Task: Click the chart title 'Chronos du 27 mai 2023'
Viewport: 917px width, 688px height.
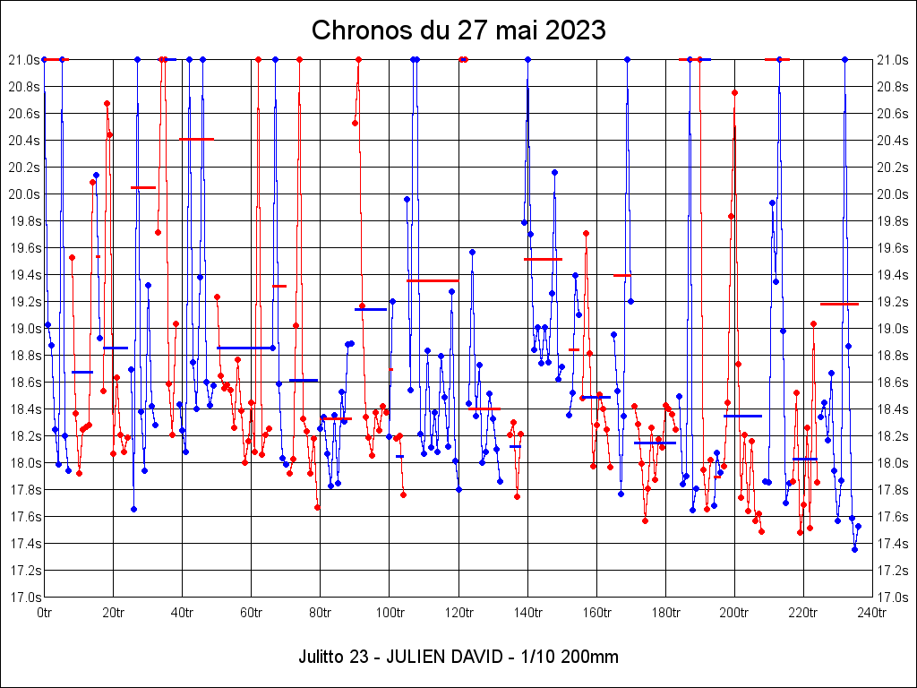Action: pyautogui.click(x=458, y=30)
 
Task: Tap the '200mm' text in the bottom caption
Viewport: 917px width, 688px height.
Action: pyautogui.click(x=587, y=657)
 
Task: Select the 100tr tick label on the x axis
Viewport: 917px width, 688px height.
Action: pyautogui.click(x=390, y=613)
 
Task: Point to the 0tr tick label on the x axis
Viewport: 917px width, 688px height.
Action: pyautogui.click(x=45, y=613)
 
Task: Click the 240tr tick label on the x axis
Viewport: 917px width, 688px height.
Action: pyautogui.click(x=872, y=613)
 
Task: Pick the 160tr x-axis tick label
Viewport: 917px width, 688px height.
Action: pyautogui.click(x=596, y=613)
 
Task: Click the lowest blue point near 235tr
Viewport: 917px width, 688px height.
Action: pyautogui.click(x=854, y=549)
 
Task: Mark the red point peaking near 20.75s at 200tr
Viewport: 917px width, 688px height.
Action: pyautogui.click(x=734, y=92)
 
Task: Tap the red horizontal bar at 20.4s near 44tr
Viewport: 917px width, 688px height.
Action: pyautogui.click(x=197, y=139)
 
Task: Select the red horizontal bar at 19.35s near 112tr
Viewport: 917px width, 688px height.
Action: pyautogui.click(x=433, y=280)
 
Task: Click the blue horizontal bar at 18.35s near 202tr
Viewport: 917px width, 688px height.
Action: pyautogui.click(x=742, y=416)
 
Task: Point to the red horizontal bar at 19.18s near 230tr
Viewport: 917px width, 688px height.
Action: pyautogui.click(x=839, y=304)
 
